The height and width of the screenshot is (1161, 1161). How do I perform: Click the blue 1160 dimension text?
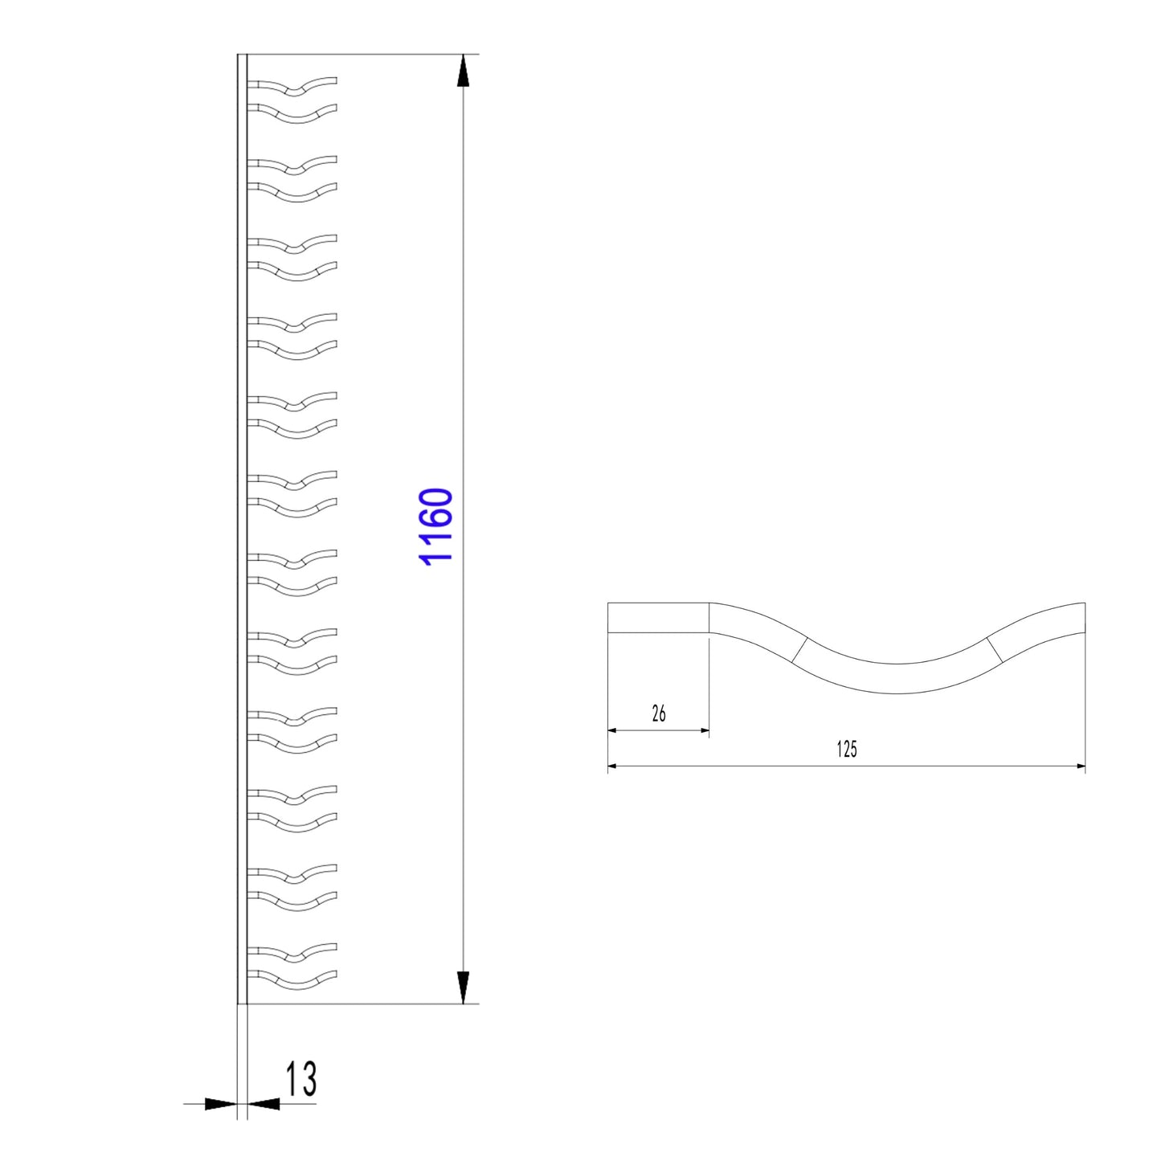coord(438,526)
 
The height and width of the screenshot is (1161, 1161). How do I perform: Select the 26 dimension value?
coord(659,713)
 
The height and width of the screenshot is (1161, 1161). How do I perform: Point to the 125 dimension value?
coord(847,750)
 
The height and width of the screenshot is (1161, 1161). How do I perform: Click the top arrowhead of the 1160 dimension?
coord(463,70)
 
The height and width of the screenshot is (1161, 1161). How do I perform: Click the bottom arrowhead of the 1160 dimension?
coord(463,987)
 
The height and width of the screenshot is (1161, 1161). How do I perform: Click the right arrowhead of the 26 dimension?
coord(705,730)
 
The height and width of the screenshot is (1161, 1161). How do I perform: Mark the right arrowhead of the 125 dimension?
coord(1080,767)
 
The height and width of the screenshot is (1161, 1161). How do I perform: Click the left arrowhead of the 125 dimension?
coord(612,767)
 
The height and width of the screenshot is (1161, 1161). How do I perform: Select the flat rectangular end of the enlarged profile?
coord(658,618)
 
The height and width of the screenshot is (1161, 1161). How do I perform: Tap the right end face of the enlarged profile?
coord(1085,616)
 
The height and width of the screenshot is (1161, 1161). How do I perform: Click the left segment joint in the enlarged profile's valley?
coord(799,651)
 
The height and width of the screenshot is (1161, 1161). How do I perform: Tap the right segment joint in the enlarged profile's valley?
coord(995,650)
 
